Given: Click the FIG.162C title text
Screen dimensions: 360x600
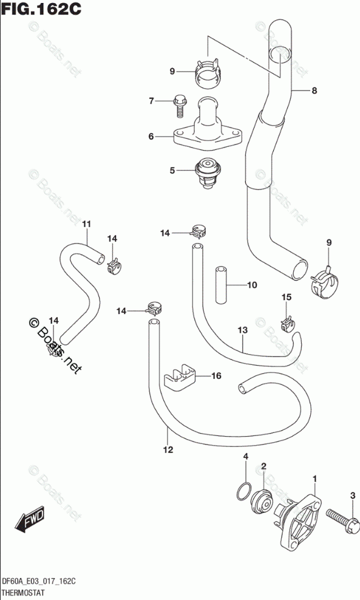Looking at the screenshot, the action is tap(41, 9).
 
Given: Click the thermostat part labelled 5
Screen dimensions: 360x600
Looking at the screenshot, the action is tap(206, 174).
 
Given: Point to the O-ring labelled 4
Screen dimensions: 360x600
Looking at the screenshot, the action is tap(243, 491).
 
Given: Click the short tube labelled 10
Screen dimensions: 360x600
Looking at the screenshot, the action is tap(221, 285).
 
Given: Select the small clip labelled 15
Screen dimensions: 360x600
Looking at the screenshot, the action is tap(287, 324).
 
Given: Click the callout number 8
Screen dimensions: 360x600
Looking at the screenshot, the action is tap(314, 90).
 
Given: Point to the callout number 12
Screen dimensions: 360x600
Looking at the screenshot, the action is tap(168, 449).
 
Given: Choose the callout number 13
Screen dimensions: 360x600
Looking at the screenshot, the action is tap(243, 330).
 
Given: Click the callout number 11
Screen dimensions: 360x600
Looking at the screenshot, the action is tap(86, 224).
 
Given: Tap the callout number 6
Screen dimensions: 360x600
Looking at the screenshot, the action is tap(151, 136).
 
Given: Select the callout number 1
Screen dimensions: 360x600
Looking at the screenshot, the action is tap(315, 479).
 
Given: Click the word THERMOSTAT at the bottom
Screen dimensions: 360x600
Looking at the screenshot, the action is tap(23, 593).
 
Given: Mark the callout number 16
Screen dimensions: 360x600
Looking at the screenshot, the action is tap(216, 376).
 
